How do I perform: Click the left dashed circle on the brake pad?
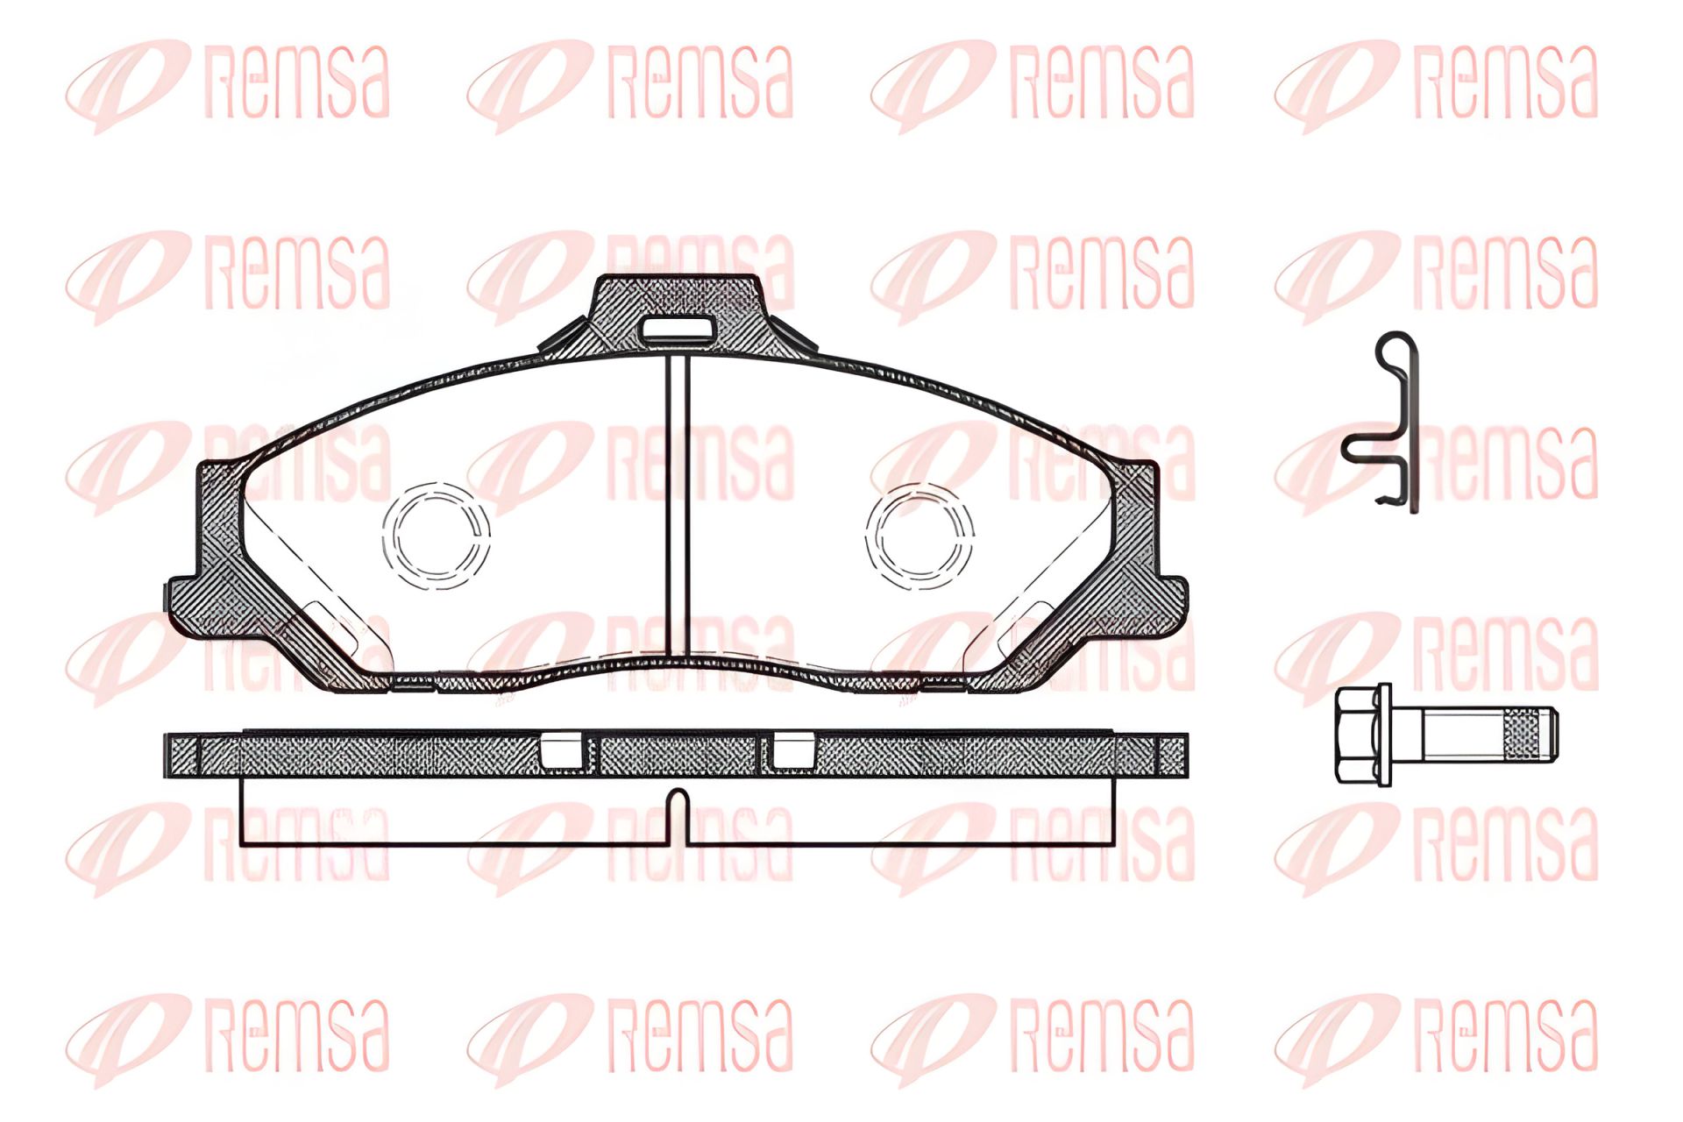tap(436, 536)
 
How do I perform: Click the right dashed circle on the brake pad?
tap(920, 536)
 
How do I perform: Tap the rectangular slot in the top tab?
tap(677, 330)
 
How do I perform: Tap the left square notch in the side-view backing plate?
tap(561, 750)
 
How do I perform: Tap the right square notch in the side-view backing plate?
tap(792, 750)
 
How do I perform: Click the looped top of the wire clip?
tap(1394, 349)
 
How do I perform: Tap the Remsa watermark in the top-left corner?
tap(228, 83)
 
